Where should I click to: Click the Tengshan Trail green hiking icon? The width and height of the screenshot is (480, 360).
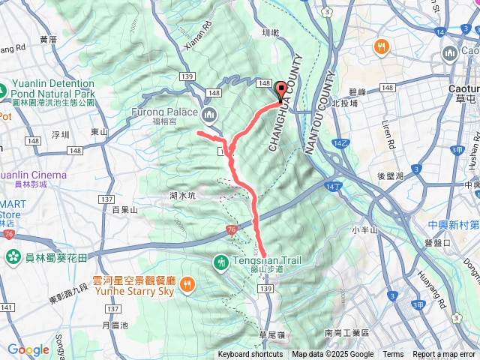[221, 262]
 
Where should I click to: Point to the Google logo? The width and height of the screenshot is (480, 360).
[28, 349]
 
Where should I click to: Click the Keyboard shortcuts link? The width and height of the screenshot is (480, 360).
[250, 355]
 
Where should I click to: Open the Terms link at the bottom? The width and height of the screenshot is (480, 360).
[393, 355]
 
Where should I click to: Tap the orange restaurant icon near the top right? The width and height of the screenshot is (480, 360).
[382, 46]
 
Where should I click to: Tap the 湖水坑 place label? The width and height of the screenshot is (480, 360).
[181, 196]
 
